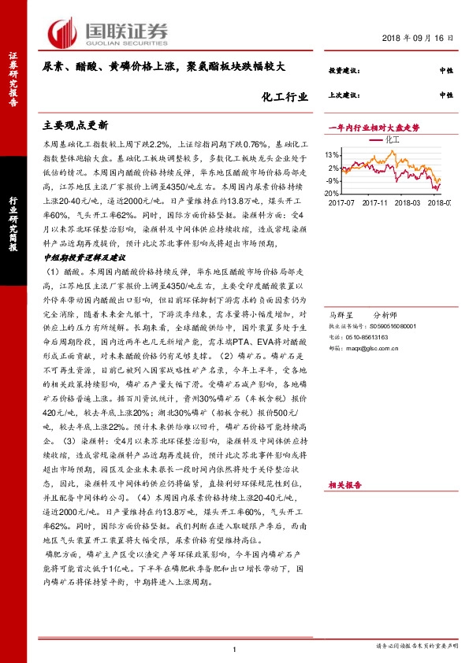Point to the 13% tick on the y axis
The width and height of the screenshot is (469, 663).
(332, 155)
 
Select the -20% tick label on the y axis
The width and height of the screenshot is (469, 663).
(331, 193)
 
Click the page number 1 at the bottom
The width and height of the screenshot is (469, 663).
(235, 649)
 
